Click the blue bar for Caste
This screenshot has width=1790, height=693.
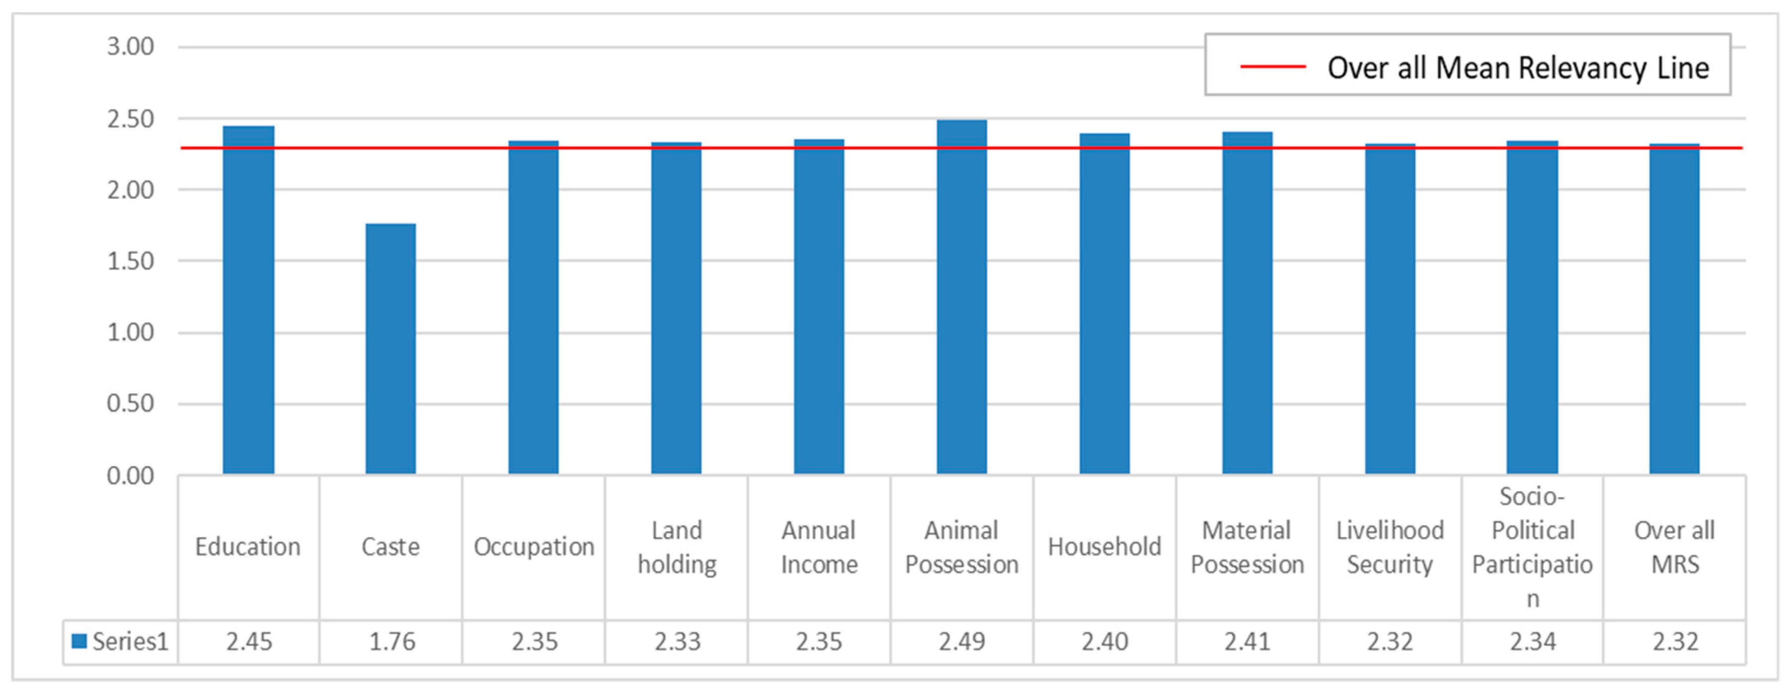[x=391, y=349]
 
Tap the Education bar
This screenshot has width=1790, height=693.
[x=248, y=300]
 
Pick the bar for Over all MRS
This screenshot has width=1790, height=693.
[x=1674, y=309]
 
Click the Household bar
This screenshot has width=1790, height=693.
[x=1104, y=304]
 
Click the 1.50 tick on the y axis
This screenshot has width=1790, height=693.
[x=130, y=261]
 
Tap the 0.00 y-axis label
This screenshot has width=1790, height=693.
[x=130, y=476]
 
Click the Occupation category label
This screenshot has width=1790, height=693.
[x=534, y=547]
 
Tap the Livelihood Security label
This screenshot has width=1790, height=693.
[x=1390, y=547]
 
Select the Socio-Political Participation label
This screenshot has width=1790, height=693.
[x=1532, y=547]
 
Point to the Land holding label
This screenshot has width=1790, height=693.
[x=677, y=547]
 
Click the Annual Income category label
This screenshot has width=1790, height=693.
[x=819, y=547]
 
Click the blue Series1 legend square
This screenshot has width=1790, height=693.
[x=79, y=641]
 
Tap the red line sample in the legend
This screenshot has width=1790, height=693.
[x=1273, y=67]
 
